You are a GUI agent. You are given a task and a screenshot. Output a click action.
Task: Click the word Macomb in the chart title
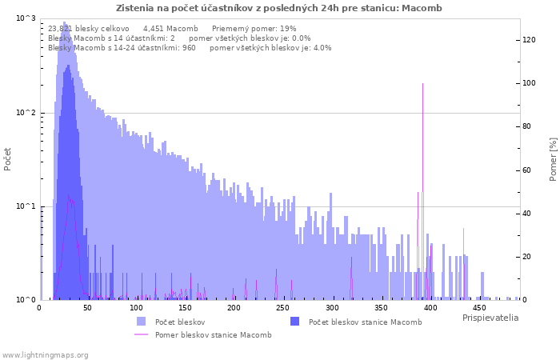[x=422, y=8]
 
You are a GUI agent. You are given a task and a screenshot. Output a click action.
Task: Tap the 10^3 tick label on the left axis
[x=26, y=18]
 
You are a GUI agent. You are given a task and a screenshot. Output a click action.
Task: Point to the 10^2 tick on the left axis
[x=26, y=113]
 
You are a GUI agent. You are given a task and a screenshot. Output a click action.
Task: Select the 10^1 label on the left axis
[x=26, y=206]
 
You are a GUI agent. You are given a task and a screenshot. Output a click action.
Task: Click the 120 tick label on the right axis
[x=529, y=40]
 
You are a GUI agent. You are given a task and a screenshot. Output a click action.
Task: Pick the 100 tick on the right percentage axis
[x=529, y=83]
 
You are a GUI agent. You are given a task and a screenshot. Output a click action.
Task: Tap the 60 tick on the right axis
[x=526, y=170]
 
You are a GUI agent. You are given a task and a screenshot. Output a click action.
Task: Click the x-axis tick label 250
[x=283, y=308]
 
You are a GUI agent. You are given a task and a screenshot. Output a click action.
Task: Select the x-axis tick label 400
[x=430, y=308]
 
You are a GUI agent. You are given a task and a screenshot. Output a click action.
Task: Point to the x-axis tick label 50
[x=87, y=308]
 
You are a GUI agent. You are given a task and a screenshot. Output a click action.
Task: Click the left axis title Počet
[x=7, y=159]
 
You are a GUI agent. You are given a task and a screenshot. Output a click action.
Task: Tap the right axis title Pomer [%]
[x=553, y=159]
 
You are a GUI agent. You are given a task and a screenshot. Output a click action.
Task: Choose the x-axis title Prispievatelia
[x=490, y=318]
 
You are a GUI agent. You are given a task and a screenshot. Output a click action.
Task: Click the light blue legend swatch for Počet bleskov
[x=142, y=322]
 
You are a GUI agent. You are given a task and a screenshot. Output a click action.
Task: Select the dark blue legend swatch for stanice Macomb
[x=295, y=322]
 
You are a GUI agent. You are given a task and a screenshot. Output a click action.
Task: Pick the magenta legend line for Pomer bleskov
[x=142, y=334]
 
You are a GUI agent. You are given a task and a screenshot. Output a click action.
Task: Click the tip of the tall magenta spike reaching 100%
[x=423, y=83]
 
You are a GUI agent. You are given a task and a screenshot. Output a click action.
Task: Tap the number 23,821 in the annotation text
[x=60, y=29]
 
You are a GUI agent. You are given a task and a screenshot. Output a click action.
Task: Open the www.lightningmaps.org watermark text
[x=45, y=355]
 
